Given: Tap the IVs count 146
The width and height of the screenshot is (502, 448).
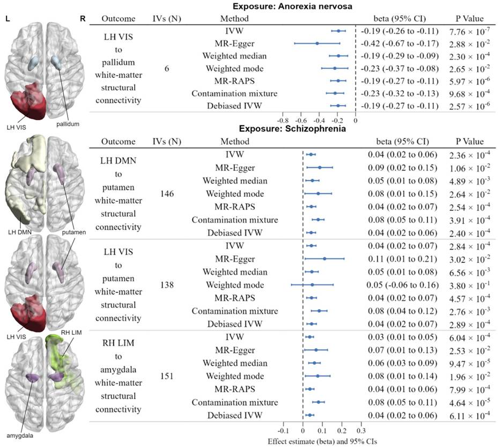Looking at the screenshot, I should (x=168, y=194).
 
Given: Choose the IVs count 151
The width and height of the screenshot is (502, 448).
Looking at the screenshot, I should (x=168, y=376).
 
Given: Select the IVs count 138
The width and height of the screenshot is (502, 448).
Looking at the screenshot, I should (x=168, y=285).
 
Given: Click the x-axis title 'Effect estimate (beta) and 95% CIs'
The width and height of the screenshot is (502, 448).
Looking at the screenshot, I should (x=322, y=441).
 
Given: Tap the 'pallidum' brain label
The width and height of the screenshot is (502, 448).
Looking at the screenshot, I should (x=67, y=124).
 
